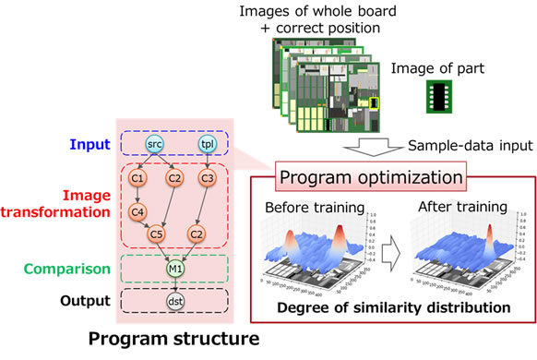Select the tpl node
tap(209, 146)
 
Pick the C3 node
tap(208, 178)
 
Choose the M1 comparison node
tap(175, 269)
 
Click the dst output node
tap(175, 301)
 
